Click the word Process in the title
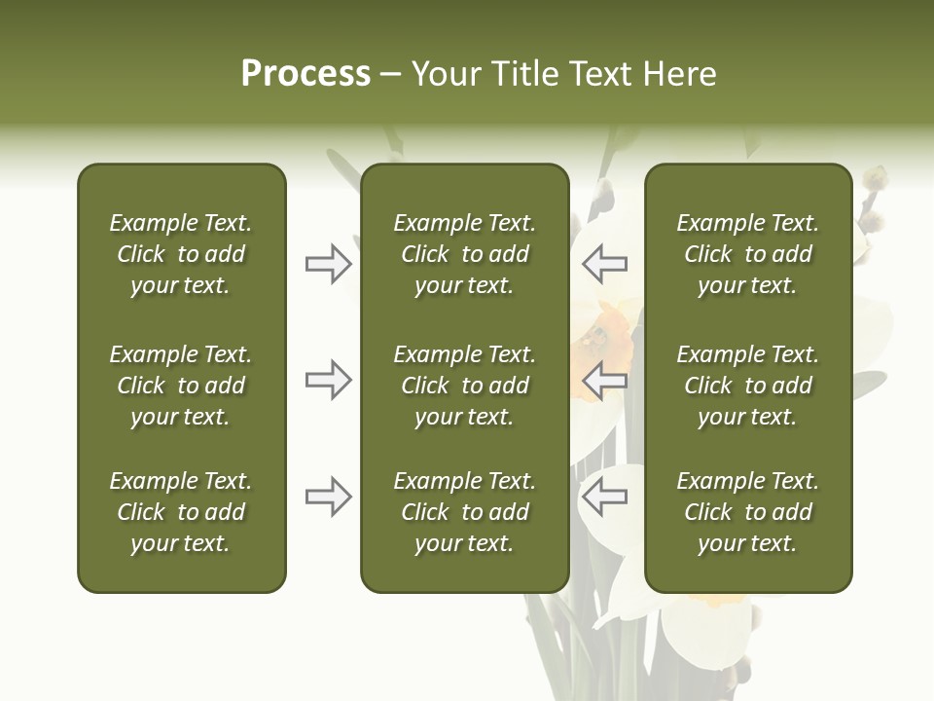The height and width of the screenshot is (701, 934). point(305,74)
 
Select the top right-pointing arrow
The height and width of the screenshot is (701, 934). point(328,264)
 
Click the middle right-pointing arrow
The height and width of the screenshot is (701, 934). point(328,380)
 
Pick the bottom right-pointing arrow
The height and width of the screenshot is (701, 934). point(328,497)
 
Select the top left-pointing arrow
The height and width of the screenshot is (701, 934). point(605,264)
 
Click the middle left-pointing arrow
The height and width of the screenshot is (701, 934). point(605,380)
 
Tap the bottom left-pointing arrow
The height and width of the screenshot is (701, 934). point(605,497)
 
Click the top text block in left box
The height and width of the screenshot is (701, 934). point(181,254)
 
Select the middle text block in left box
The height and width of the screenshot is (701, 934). point(181,386)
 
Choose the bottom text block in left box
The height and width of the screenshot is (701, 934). point(181,512)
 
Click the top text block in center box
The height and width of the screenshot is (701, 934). point(464,254)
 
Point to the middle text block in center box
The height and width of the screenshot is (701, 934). point(464,386)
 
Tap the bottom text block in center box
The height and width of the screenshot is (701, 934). point(464,512)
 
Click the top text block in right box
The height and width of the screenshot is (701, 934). point(747,254)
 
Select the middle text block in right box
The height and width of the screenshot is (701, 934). point(747,386)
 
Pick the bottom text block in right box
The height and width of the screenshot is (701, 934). point(747,512)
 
